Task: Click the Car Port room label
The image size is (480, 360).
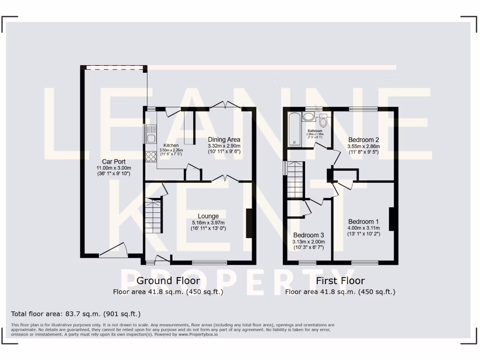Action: coord(113,161)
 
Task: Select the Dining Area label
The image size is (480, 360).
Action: coord(224,139)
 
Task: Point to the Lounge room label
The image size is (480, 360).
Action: coord(208,216)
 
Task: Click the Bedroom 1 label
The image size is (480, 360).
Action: coord(363,221)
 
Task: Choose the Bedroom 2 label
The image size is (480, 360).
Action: coord(363,140)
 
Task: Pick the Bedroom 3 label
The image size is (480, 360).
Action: coord(308,235)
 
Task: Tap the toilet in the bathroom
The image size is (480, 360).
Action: coord(323,121)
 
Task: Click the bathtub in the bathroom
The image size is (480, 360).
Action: coord(294,129)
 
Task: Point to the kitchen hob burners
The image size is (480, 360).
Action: coord(151,157)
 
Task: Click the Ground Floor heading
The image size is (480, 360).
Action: coord(168,281)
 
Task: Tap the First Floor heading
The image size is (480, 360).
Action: coord(340,281)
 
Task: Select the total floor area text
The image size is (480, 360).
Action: coord(75,314)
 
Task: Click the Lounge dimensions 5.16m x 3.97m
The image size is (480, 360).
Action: coord(208,222)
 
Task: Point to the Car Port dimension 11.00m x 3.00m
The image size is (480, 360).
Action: coord(113,167)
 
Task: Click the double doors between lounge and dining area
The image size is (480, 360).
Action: coord(225,179)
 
